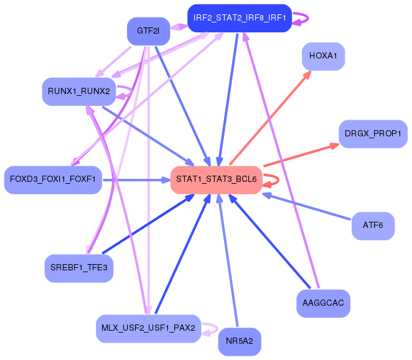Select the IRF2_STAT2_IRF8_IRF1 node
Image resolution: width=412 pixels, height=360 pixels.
(x=240, y=17)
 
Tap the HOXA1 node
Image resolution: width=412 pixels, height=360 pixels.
(x=322, y=56)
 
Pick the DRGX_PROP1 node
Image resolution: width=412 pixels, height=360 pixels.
(x=373, y=134)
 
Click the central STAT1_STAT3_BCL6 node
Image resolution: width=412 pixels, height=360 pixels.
(x=216, y=179)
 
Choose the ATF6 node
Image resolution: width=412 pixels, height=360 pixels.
(x=372, y=225)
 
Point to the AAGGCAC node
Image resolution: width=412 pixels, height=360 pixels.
(x=322, y=303)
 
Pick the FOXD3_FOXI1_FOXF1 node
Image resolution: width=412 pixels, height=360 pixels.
(x=52, y=179)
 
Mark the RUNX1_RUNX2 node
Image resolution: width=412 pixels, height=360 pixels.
(x=78, y=92)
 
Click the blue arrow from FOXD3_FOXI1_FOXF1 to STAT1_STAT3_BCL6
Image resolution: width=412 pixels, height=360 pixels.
(x=137, y=180)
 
